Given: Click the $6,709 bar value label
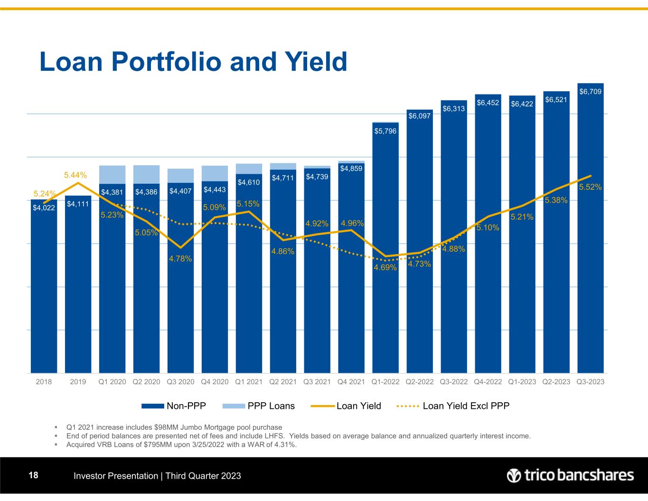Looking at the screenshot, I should click(x=590, y=91).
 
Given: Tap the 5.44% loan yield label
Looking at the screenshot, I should click(x=75, y=176).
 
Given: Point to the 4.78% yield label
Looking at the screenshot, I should click(x=180, y=259).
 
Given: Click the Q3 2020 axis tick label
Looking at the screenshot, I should click(x=180, y=381).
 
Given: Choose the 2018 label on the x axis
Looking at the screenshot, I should click(x=44, y=381).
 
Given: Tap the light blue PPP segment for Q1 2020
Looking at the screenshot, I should click(x=112, y=174).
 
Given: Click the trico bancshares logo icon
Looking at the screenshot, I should click(x=514, y=475).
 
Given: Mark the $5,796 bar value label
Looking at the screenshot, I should click(x=385, y=131).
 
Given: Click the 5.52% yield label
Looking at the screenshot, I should click(x=590, y=187).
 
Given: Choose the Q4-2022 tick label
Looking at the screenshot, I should click(x=488, y=381).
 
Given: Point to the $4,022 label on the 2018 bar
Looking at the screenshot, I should click(x=44, y=207).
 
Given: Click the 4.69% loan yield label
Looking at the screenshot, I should click(x=385, y=268).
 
